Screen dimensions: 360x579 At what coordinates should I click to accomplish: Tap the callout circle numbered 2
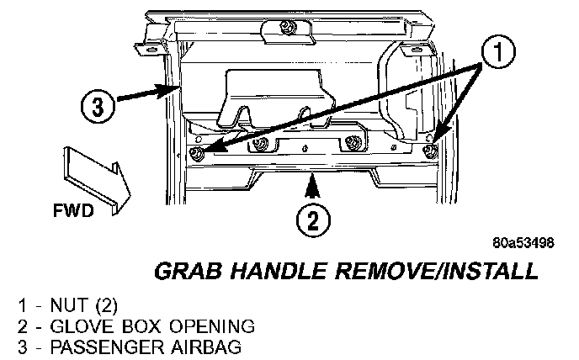[313, 220]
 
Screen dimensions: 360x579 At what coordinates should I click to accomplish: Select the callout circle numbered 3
[98, 107]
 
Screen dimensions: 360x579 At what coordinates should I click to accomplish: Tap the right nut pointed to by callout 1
[431, 151]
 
